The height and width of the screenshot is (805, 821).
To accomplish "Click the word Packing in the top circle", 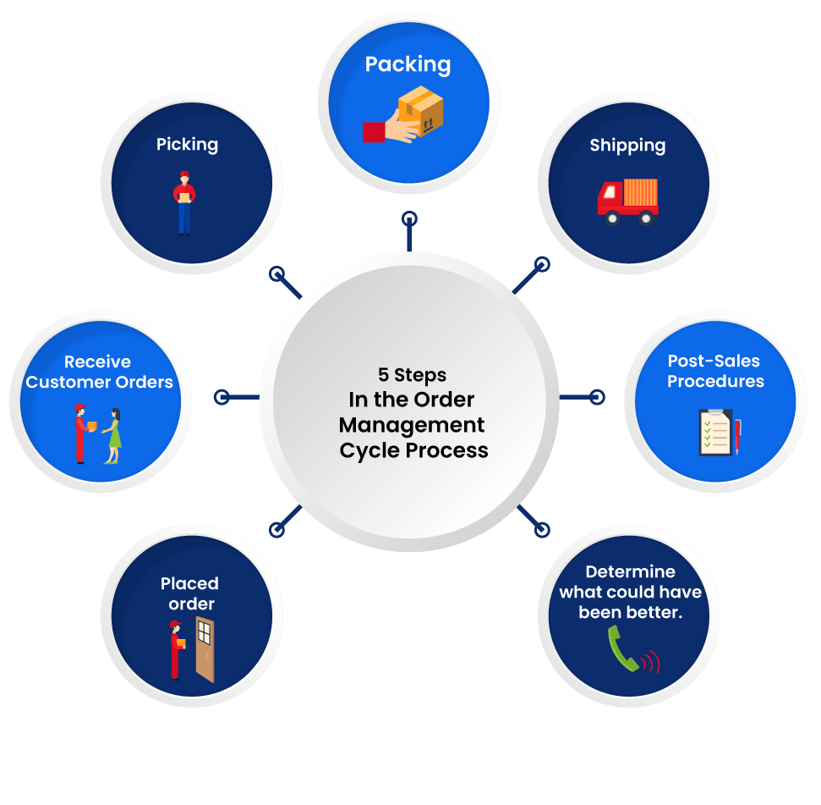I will (408, 65).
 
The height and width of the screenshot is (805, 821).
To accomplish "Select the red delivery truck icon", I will (627, 201).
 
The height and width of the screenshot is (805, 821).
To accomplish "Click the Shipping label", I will (627, 146).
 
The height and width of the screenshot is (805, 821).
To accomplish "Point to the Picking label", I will (187, 145).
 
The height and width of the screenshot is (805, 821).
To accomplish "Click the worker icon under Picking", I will (184, 202).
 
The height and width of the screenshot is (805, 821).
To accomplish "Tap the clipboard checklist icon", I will (714, 433).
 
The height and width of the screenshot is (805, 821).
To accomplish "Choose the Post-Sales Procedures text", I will (715, 372).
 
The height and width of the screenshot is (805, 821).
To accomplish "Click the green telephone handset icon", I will (623, 650).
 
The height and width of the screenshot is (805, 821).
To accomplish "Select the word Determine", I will (630, 572).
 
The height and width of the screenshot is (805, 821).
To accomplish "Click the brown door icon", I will (205, 649).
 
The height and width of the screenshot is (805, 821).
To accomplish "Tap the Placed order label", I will (189, 593).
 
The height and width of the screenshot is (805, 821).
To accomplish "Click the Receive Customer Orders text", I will (99, 372).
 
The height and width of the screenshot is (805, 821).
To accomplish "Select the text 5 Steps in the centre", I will (412, 374).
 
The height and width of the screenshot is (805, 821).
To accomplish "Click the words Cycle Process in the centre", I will (413, 450).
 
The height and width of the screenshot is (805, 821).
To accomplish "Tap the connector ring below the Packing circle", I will (408, 219).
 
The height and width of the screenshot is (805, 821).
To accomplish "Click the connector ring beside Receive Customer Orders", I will (222, 396).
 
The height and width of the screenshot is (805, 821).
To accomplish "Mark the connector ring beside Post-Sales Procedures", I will (596, 396).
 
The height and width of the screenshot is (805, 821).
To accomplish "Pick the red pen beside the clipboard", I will (737, 434).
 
